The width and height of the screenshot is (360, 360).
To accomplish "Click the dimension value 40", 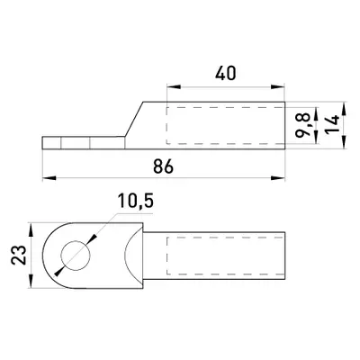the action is (226, 74).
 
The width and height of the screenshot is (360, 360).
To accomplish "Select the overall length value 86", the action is (164, 166).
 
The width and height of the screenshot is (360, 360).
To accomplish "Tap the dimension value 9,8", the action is (302, 126).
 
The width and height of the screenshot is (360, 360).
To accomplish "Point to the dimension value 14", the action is (333, 123).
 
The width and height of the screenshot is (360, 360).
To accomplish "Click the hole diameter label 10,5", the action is (136, 201).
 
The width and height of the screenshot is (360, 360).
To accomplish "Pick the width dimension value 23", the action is (18, 255).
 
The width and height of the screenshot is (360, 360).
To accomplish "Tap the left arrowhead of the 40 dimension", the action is (174, 87).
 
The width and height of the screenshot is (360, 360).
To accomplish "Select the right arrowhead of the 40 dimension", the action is (277, 87).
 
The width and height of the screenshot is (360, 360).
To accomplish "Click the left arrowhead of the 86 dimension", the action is (49, 178).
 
